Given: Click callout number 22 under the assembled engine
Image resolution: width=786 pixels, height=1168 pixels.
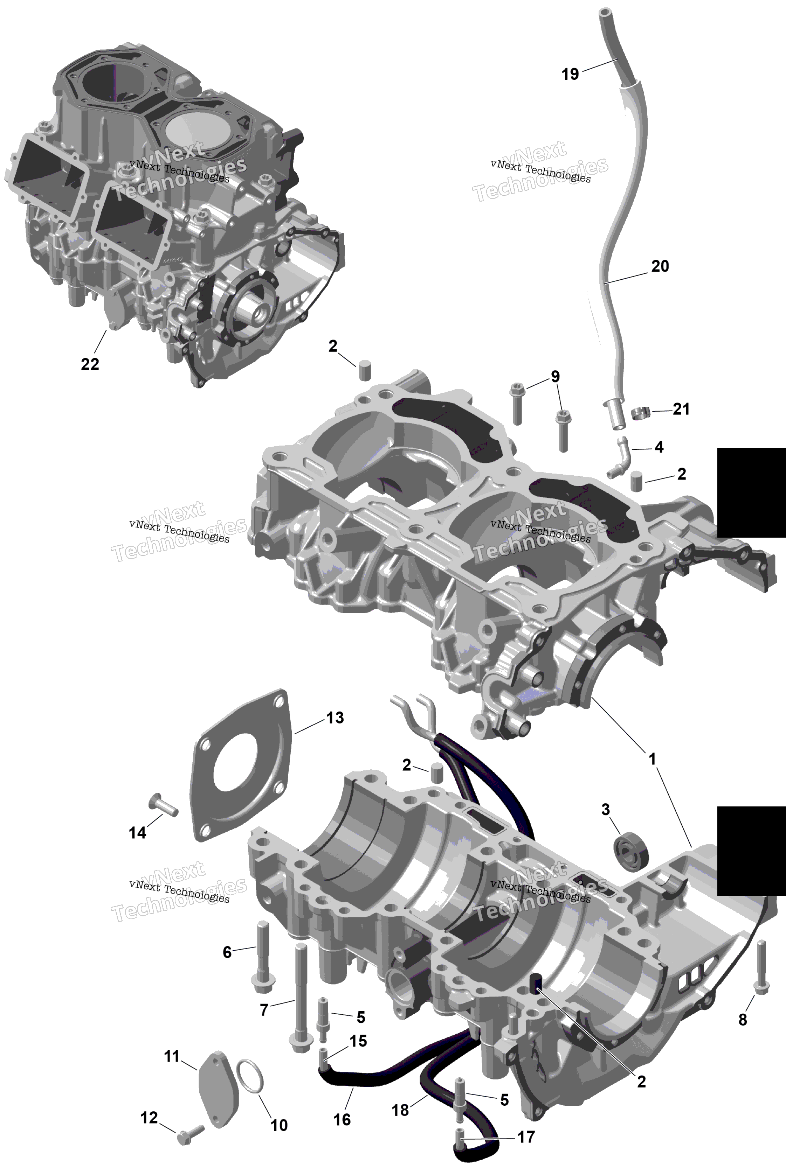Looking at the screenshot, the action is click(x=90, y=364).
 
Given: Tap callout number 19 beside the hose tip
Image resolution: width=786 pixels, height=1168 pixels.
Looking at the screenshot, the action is click(x=570, y=74).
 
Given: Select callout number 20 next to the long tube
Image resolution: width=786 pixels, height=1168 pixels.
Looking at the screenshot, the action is click(x=660, y=266).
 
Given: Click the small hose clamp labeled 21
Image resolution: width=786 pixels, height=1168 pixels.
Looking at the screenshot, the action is click(x=640, y=413).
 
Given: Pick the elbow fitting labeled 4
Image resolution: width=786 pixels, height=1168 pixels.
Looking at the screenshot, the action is click(x=619, y=457).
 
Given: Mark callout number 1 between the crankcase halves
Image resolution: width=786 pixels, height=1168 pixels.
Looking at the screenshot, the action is click(x=652, y=759).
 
